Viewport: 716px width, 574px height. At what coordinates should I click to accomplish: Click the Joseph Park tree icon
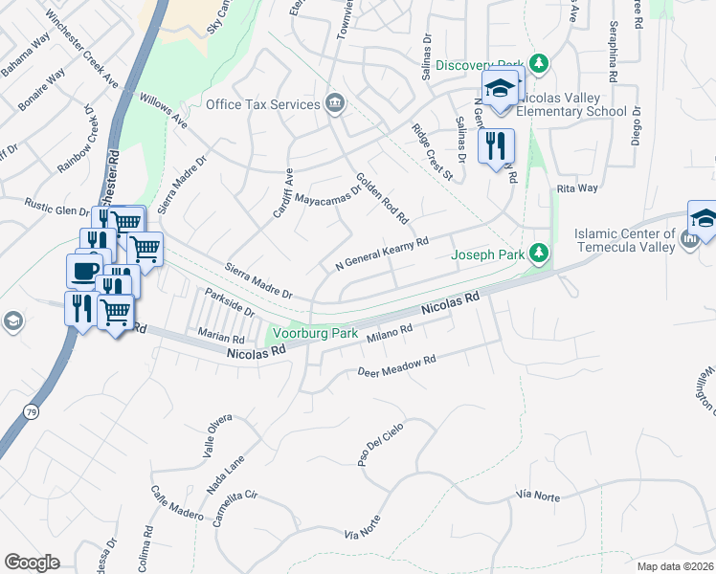coord(540,254)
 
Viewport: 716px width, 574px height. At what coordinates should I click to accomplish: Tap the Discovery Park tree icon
coord(540,64)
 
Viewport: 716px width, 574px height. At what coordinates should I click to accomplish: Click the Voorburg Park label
coord(315,334)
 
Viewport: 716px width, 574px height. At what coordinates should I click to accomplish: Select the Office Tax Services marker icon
coord(334,103)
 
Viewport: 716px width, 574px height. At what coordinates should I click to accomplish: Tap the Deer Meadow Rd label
coord(396,365)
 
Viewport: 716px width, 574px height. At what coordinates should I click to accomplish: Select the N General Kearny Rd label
coord(381,254)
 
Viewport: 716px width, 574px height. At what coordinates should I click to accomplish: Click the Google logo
coord(32,563)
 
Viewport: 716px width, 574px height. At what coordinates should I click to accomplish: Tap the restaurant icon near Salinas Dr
coord(496,145)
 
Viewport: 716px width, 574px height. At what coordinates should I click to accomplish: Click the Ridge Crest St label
coord(432,151)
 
